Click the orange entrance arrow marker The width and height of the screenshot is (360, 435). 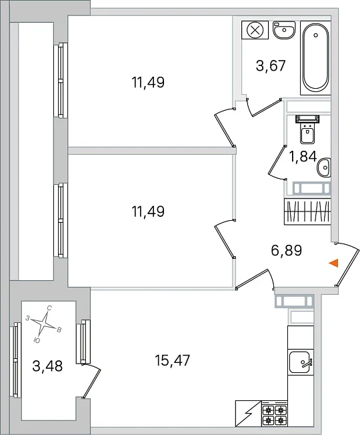334,263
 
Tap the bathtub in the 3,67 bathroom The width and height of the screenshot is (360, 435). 315,57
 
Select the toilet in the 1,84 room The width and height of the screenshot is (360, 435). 307,129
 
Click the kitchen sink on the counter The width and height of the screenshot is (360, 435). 301,362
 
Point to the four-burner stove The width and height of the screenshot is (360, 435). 275,414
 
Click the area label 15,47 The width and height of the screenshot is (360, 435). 173,360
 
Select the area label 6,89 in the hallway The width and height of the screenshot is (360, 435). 286,250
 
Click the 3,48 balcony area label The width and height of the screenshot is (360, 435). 47,366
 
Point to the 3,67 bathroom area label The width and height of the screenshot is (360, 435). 271,66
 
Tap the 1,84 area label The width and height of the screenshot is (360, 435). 303,157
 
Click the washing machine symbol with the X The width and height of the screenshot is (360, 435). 255,29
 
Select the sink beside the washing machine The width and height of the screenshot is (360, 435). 284,29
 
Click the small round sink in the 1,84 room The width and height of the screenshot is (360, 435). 324,167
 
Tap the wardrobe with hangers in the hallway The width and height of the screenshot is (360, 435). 307,211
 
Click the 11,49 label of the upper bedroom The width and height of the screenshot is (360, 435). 148,82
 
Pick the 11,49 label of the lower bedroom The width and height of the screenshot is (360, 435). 148,211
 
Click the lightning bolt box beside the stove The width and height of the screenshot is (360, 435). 248,414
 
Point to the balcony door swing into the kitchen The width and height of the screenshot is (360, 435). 91,383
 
